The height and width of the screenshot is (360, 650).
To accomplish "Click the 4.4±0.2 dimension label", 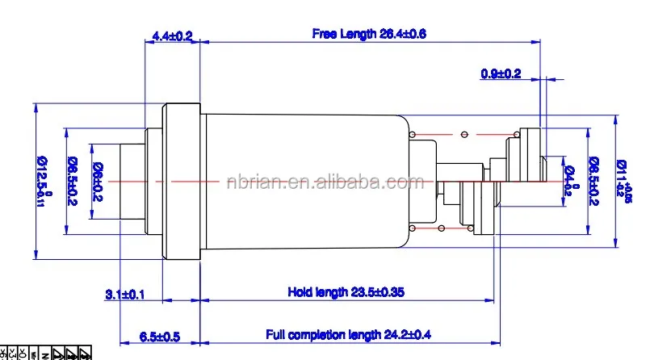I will (172, 36).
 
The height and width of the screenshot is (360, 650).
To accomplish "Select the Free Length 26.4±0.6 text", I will (368, 34).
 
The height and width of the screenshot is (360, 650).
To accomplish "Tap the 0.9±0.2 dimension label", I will (501, 73).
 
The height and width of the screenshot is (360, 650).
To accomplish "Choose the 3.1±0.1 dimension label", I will (124, 294).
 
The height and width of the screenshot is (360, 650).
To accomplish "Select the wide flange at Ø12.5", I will (182, 181).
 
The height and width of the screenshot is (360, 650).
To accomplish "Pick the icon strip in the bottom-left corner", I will (45, 354).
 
